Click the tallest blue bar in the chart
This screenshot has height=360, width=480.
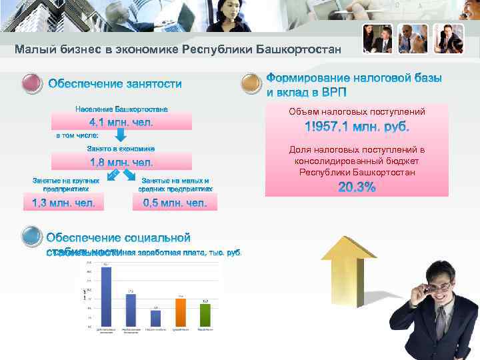(106, 297)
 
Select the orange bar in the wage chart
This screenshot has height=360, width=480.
(180, 312)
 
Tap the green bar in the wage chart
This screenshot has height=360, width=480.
(205, 315)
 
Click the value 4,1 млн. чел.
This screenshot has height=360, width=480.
(121, 123)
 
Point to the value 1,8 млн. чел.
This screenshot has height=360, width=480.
(121, 162)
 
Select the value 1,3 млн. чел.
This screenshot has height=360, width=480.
(63, 203)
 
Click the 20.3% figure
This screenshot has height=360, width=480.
(357, 188)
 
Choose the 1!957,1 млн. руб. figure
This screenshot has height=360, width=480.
(357, 127)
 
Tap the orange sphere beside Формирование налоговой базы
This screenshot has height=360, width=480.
(250, 84)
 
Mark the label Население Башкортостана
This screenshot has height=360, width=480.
(121, 109)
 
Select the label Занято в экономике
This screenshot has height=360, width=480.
(121, 149)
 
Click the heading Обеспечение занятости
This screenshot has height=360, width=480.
(115, 84)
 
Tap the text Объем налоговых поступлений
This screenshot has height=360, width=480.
(357, 111)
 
